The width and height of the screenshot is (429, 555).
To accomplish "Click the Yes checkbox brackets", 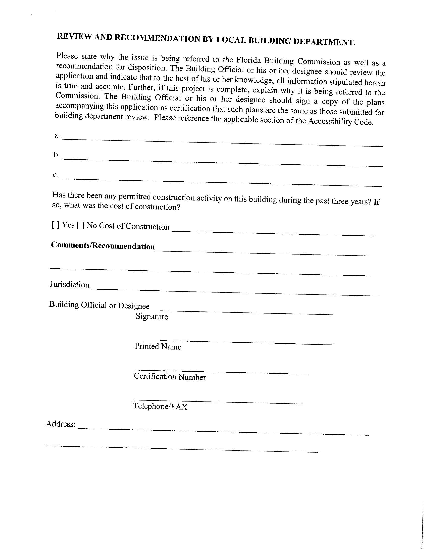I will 56,225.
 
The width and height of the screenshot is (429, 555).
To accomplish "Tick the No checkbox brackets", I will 81,225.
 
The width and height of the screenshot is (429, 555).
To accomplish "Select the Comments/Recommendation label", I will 103,246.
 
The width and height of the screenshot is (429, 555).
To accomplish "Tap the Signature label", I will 151,316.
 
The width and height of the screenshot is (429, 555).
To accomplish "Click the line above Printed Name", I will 247,342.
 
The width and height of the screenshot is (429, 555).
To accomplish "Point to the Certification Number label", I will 170,377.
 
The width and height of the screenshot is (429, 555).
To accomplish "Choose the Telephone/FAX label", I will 160,406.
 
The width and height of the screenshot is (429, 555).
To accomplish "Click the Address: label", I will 61,424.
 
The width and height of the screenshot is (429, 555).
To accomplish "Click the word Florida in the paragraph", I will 249,60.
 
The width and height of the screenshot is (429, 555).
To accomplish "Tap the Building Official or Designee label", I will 99,305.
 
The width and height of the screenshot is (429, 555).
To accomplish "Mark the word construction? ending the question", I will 157,207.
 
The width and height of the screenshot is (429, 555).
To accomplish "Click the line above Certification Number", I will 220,372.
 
